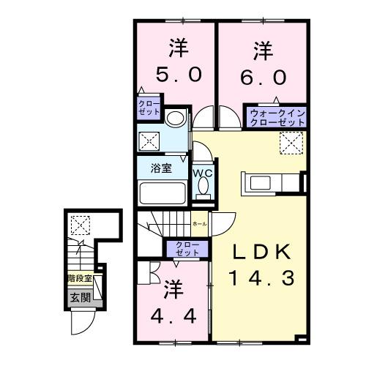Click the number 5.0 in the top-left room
point(176,75)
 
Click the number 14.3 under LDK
point(261,278)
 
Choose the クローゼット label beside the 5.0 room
point(147,109)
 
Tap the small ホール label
point(198,223)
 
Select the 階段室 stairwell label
point(79,279)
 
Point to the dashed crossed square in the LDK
point(291,142)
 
